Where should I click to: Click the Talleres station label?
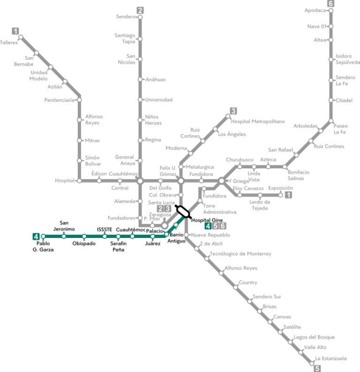click(x=9, y=43)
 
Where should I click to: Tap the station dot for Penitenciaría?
click(x=79, y=100)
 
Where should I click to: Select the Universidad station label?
click(x=158, y=100)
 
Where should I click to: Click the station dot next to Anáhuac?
click(x=140, y=79)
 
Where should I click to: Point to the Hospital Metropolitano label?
click(x=258, y=122)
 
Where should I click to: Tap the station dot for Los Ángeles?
click(x=215, y=129)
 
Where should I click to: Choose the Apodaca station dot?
click(x=331, y=10)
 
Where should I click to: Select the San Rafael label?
click(x=280, y=150)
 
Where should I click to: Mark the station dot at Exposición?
click(x=281, y=195)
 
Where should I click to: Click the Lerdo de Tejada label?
click(x=260, y=205)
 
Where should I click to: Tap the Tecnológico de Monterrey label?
click(x=240, y=254)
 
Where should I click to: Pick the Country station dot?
click(x=235, y=287)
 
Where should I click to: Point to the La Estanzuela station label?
click(x=331, y=358)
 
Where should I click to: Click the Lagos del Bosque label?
click(x=314, y=337)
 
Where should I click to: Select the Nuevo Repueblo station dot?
click(x=186, y=235)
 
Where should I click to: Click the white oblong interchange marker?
click(x=183, y=212)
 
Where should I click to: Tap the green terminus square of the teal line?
click(x=36, y=237)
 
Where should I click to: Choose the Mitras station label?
click(x=92, y=140)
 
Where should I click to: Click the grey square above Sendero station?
click(x=140, y=10)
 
